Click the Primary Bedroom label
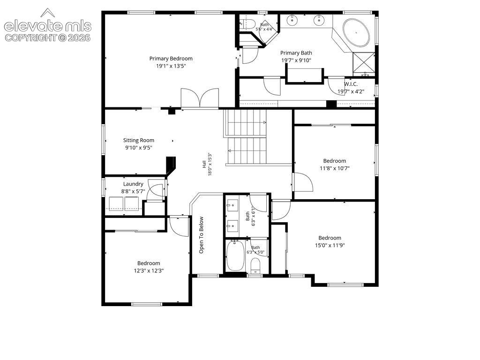point(171,59)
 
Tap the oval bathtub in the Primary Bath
point(356,32)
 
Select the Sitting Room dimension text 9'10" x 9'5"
point(139,148)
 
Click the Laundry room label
point(133,184)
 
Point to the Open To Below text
point(201,235)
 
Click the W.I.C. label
point(351,84)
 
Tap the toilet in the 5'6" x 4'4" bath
point(247,24)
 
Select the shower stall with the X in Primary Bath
point(364,65)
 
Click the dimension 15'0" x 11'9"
point(330,245)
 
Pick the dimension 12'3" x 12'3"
point(149,270)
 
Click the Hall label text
point(204,164)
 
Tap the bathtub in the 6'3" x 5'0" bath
point(235,255)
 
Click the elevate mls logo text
point(48,26)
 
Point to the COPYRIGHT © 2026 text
point(48,38)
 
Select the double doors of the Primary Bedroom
point(200,98)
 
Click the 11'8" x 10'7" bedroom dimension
point(335,168)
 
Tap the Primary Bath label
point(296,53)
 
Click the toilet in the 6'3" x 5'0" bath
point(255,265)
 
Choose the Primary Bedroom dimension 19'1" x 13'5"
point(171,66)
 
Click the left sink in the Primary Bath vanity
point(292,21)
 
